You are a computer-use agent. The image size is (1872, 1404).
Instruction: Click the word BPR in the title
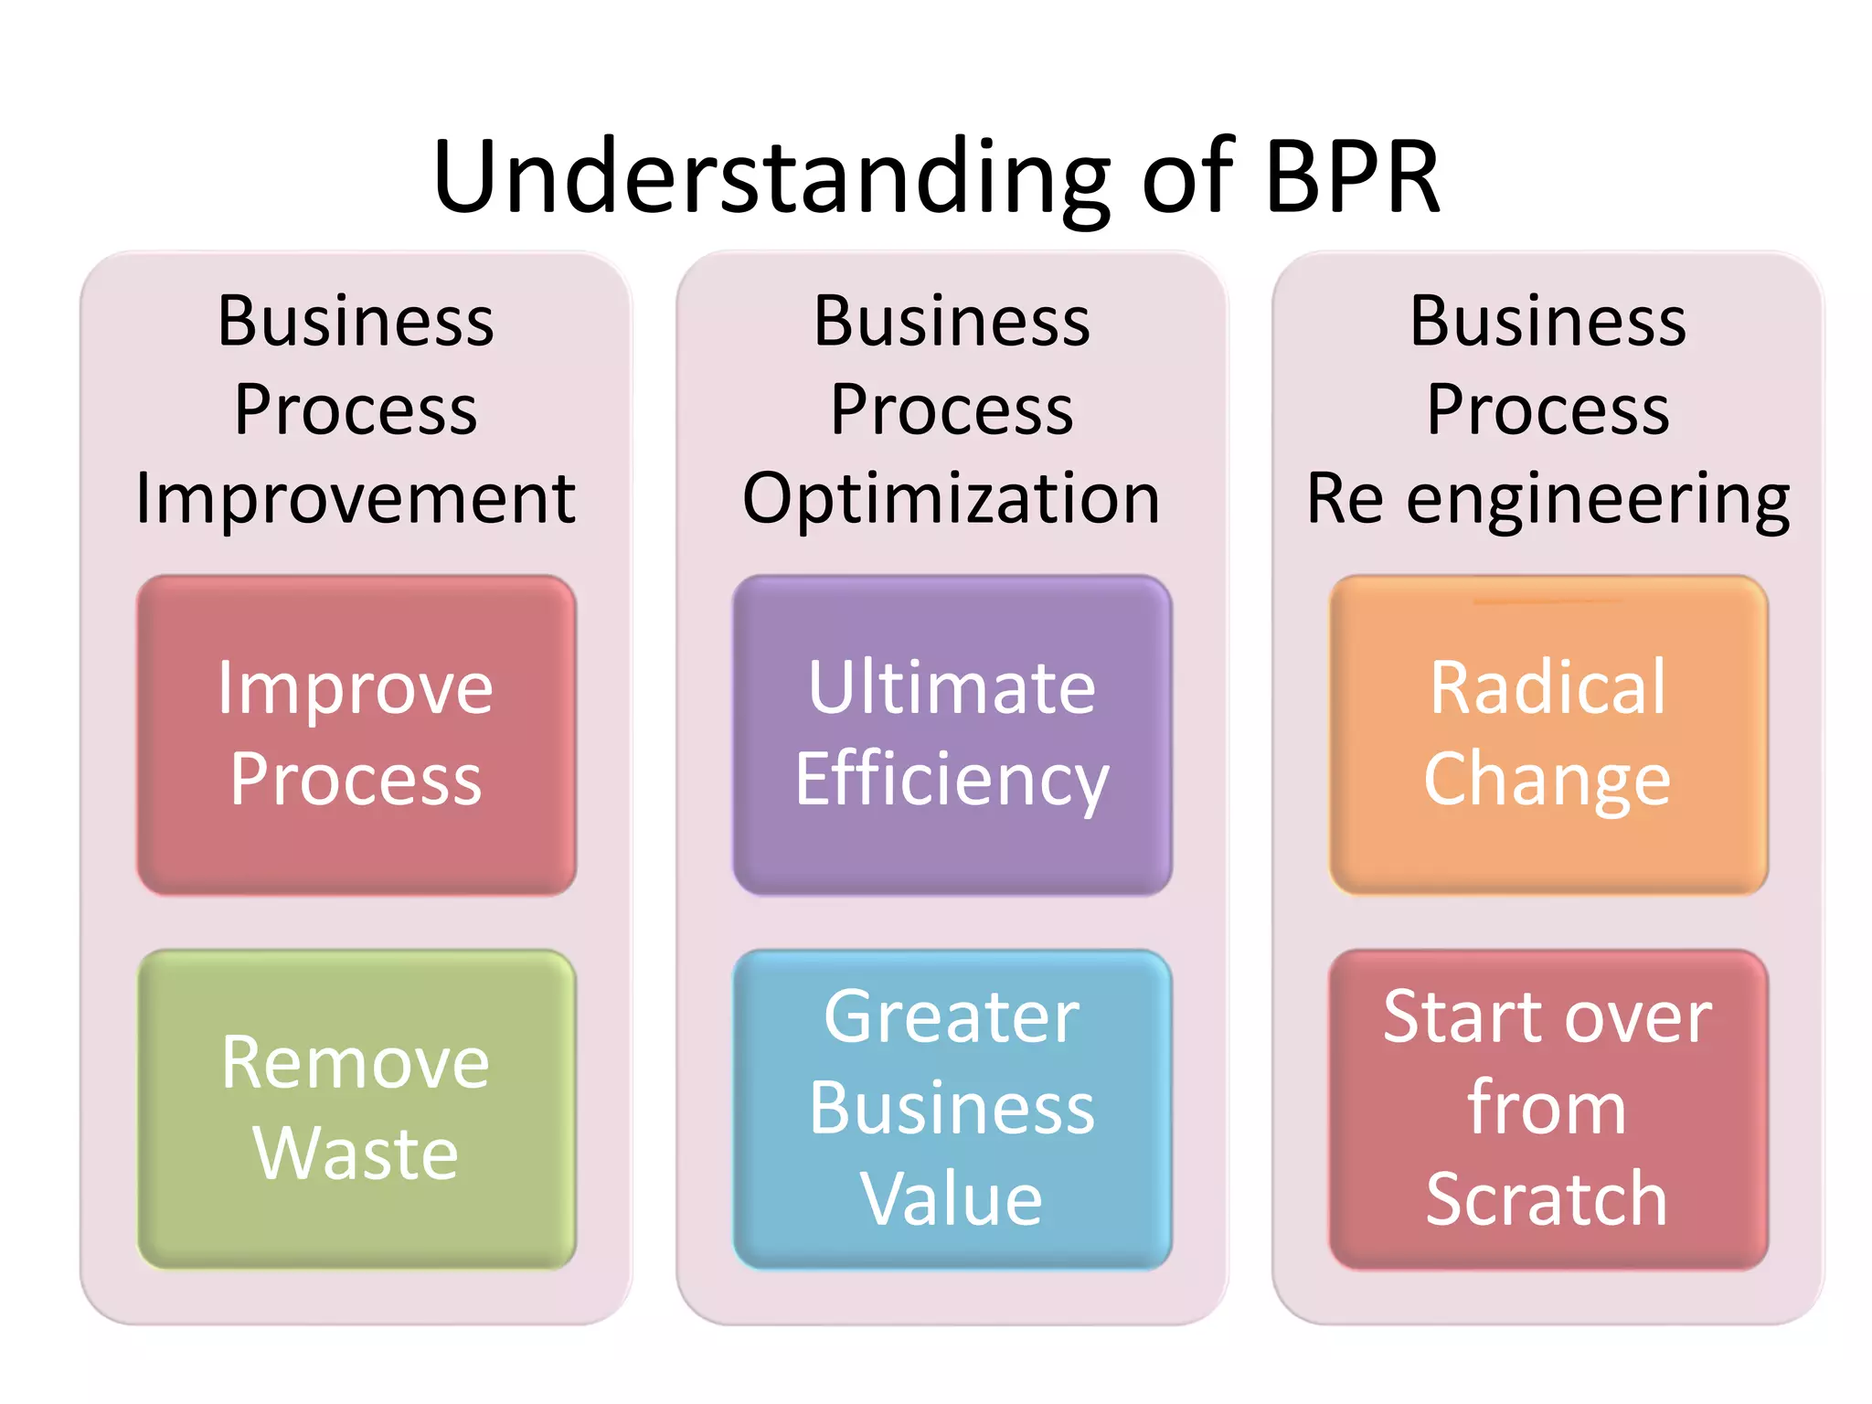(x=1353, y=176)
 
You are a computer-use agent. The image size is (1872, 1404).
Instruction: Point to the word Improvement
(x=356, y=499)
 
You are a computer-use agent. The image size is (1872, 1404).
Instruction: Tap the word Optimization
(x=952, y=499)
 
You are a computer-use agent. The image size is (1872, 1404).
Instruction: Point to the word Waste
(x=356, y=1154)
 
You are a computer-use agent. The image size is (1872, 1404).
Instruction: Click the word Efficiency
(x=952, y=780)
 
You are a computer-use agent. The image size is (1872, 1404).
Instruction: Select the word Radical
(x=1548, y=687)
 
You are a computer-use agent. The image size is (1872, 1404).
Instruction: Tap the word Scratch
(x=1547, y=1198)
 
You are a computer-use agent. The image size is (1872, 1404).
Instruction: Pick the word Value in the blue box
(x=952, y=1198)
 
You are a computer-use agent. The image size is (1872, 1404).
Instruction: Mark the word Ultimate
(x=952, y=687)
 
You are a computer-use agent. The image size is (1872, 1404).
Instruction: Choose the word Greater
(x=952, y=1016)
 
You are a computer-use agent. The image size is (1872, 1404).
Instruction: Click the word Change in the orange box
(x=1548, y=780)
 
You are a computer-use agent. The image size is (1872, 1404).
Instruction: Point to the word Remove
(x=356, y=1062)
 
